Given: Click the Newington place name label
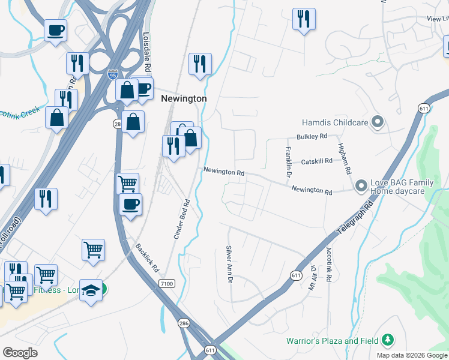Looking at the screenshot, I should [184, 98].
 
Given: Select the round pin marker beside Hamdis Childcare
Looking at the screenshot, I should [377, 122].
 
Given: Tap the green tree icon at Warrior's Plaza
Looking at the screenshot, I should [388, 341].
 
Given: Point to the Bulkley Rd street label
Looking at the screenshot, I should [310, 137].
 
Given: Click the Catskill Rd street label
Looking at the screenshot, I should [316, 162].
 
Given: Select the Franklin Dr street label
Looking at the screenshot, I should [288, 161].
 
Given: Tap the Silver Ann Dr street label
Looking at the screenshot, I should [229, 265].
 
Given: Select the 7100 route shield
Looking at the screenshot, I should [167, 283].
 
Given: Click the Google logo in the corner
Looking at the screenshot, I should [20, 353].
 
